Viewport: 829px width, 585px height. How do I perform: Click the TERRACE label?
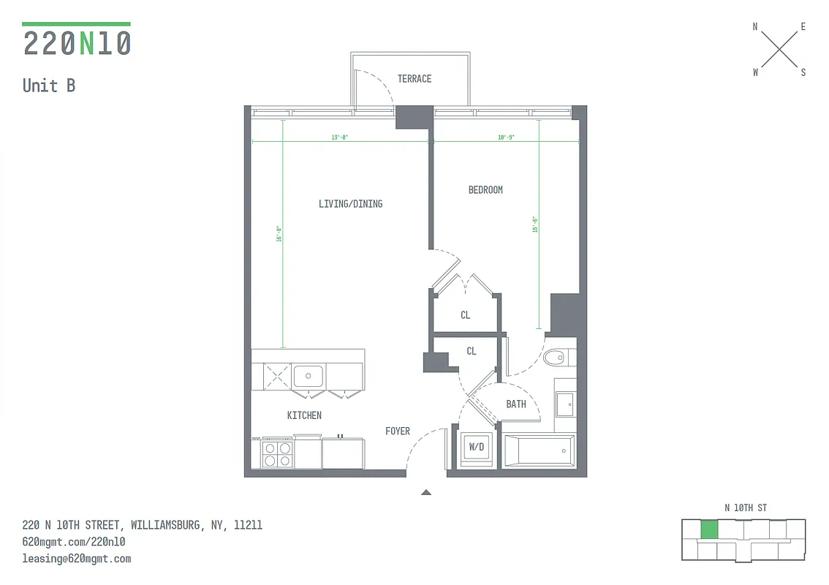pyautogui.click(x=414, y=79)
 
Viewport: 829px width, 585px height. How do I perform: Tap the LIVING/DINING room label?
pyautogui.click(x=350, y=204)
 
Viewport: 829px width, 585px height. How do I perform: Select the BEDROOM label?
pyautogui.click(x=485, y=190)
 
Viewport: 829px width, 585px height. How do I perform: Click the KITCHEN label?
pyautogui.click(x=304, y=415)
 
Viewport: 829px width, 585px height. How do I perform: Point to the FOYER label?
pyautogui.click(x=398, y=431)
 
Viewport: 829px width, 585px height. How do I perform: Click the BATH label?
pyautogui.click(x=516, y=404)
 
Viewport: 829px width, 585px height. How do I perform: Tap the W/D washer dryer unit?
pyautogui.click(x=477, y=448)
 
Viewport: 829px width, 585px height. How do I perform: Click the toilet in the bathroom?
pyautogui.click(x=559, y=357)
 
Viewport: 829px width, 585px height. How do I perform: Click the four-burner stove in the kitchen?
pyautogui.click(x=277, y=454)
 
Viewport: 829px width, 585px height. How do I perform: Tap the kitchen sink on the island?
pyautogui.click(x=308, y=377)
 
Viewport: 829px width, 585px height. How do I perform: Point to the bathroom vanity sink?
pyautogui.click(x=565, y=403)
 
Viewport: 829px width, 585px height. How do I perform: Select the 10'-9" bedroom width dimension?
pyautogui.click(x=506, y=137)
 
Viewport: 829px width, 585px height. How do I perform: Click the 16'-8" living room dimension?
pyautogui.click(x=279, y=233)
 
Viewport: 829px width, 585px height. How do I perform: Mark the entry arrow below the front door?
pyautogui.click(x=426, y=493)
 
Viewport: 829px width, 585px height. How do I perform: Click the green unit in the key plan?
pyautogui.click(x=708, y=530)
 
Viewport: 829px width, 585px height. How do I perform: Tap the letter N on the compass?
pyautogui.click(x=755, y=27)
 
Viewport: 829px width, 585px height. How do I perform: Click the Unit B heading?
pyautogui.click(x=49, y=86)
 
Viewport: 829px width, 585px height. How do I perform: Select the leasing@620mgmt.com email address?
pyautogui.click(x=77, y=559)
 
